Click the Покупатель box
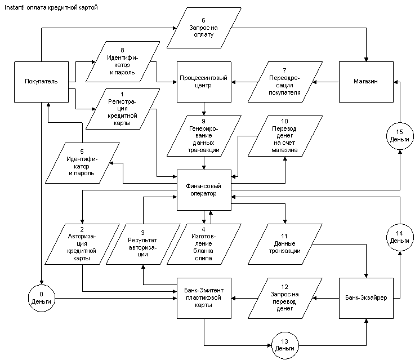(42, 82)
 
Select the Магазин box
(365, 82)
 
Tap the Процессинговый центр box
(204, 82)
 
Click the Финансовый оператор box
(204, 189)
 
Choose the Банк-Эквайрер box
(365, 297)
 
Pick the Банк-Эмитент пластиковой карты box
(204, 297)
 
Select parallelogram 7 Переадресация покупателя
(285, 82)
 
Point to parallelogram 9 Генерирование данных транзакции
(204, 136)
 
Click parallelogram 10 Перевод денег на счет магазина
(285, 136)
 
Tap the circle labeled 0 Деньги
(42, 297)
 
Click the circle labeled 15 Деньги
(399, 136)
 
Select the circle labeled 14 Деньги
(399, 237)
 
